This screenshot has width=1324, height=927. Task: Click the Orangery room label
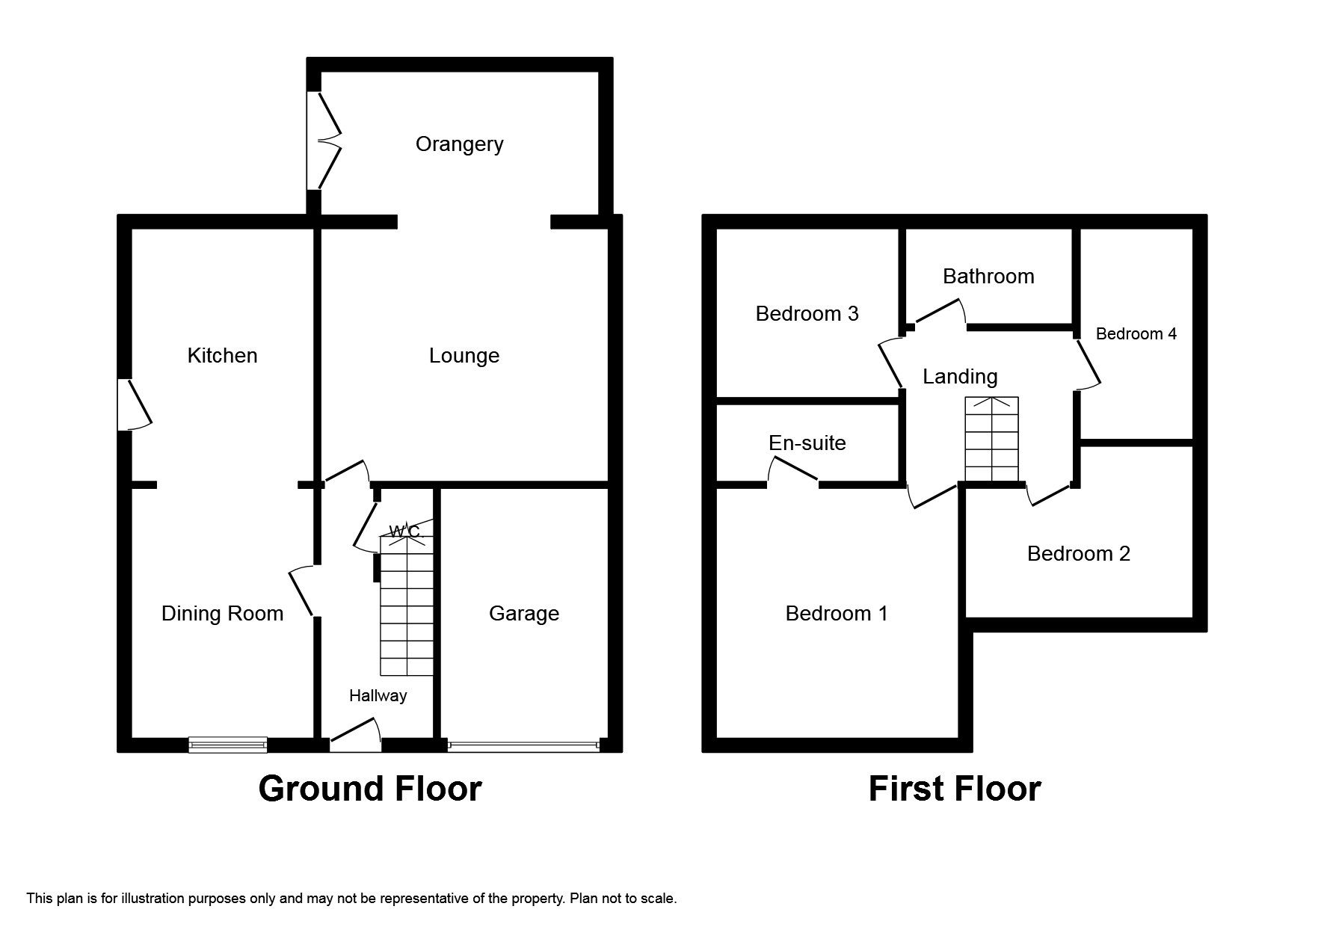click(459, 144)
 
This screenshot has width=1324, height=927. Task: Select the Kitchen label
click(222, 355)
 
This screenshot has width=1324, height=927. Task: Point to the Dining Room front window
click(227, 744)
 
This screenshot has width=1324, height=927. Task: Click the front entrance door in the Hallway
click(356, 736)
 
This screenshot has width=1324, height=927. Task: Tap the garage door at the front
click(523, 745)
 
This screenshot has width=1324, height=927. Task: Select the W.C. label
click(406, 532)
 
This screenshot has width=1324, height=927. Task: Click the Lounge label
click(464, 355)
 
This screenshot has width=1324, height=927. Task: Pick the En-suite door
click(793, 472)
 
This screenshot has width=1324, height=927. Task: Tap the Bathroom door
click(937, 312)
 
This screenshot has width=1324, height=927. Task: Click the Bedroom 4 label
click(1136, 333)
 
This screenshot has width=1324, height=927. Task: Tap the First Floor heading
click(954, 789)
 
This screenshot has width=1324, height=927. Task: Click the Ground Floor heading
click(370, 789)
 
